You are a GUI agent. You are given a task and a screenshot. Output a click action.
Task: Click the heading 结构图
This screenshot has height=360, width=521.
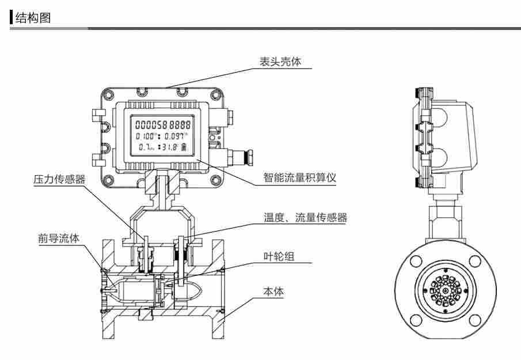(34, 18)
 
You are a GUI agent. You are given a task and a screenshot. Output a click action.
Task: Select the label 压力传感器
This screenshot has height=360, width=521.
(59, 179)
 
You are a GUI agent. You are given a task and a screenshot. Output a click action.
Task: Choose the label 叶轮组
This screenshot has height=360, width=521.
(277, 256)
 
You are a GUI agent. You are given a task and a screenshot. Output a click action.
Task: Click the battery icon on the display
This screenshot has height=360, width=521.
(184, 148)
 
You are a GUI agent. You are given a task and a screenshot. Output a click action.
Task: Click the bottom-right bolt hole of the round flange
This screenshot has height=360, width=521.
(474, 320)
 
